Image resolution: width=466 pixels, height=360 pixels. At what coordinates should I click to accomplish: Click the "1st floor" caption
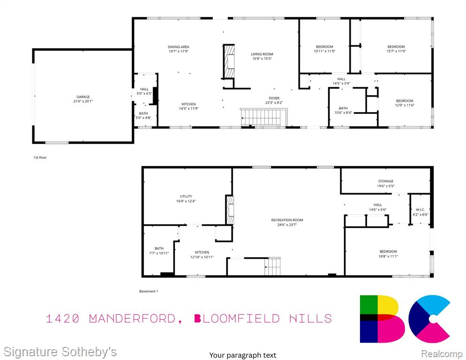point(40,157)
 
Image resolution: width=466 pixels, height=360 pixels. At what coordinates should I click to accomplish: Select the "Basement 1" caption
point(149,291)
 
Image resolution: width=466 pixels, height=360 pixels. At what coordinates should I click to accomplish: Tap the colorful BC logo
point(405,319)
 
